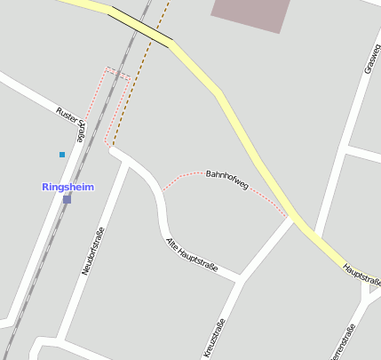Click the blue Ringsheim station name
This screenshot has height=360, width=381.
coord(67,187)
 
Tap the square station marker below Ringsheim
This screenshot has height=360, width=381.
coord(67,199)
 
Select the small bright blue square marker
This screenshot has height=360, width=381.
coord(62,155)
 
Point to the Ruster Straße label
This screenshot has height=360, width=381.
coord(71,123)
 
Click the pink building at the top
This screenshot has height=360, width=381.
coord(251,13)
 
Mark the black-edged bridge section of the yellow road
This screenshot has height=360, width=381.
coord(140,26)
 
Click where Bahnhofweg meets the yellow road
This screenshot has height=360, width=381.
coord(290,218)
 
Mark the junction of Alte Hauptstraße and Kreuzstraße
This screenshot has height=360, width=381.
coord(239,280)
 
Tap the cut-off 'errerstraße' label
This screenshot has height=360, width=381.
coord(343,345)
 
